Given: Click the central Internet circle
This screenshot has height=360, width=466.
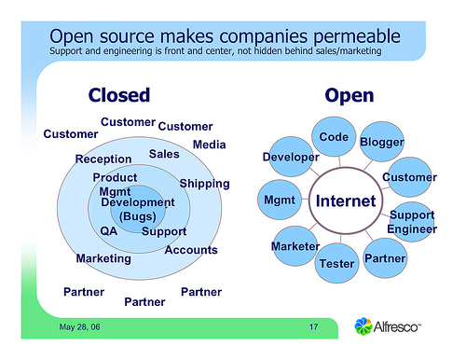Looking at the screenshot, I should [346, 201].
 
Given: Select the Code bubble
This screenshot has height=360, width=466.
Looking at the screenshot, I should [333, 137].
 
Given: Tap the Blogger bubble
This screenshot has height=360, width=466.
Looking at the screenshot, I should [381, 142].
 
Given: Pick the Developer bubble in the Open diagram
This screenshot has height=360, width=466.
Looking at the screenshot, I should [290, 158].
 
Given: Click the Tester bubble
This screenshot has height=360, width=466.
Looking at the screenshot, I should [336, 264].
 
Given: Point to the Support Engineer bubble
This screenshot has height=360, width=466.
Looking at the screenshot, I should [411, 222].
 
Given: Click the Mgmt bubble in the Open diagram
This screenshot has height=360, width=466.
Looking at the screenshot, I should [280, 201].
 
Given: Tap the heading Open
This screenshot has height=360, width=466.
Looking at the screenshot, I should [349, 95].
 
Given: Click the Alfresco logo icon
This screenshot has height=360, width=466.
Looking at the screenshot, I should [367, 326].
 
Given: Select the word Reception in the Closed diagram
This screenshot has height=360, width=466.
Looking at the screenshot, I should [103, 159].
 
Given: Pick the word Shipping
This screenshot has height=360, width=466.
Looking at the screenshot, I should [204, 183].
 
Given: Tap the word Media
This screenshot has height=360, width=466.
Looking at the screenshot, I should [209, 145].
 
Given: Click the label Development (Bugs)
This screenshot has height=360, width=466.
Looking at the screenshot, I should [137, 209].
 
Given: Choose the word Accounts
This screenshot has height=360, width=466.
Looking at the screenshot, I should [190, 250].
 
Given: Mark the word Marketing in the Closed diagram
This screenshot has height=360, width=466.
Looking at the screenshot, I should [103, 257].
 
